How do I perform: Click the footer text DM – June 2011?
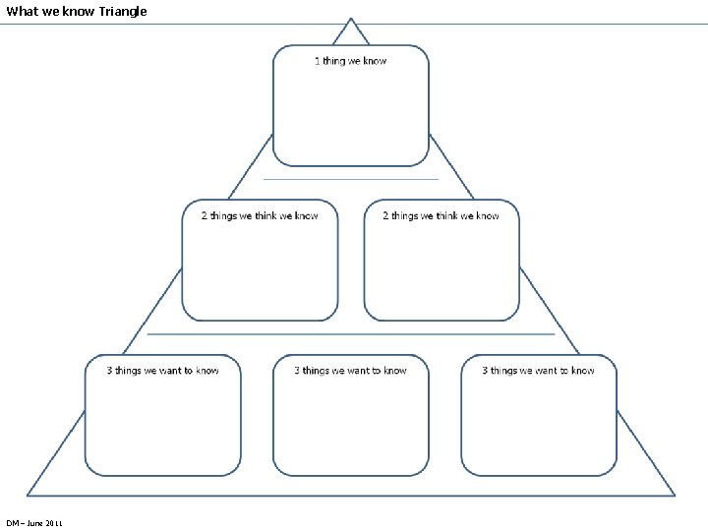coord(33,522)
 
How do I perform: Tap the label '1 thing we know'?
coord(350,61)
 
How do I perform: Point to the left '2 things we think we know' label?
coord(260,215)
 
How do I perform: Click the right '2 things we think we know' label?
coord(441,215)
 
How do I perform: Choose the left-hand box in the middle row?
coord(260,270)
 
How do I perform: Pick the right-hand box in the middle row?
coord(441,270)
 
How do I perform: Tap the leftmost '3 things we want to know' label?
coord(162,371)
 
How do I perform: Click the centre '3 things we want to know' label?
coord(350,371)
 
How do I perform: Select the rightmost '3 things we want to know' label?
coord(538,371)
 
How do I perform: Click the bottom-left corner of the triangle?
coord(29,494)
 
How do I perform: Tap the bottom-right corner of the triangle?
coord(674,494)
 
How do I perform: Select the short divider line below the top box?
coord(350,180)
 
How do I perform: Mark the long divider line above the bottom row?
coord(350,334)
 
